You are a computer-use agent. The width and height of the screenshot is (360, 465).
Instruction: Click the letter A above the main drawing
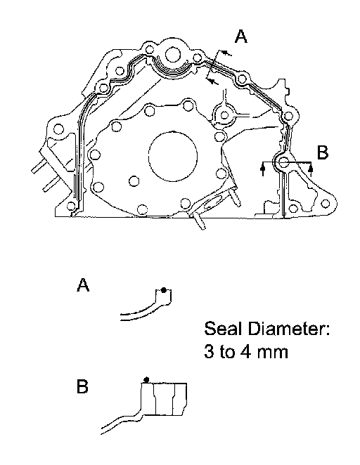(x=240, y=37)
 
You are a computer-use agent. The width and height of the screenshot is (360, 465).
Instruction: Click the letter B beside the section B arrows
(x=323, y=152)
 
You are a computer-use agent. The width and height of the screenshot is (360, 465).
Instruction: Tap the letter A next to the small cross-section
(x=83, y=284)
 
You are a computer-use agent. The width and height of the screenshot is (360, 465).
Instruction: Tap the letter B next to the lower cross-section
(x=82, y=386)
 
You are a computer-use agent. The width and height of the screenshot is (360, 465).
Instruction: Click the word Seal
(x=221, y=329)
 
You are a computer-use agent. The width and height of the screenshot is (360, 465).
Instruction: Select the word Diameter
(x=288, y=329)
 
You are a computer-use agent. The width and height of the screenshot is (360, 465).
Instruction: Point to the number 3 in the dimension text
(x=209, y=352)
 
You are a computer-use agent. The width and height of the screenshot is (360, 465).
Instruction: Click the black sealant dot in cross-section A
(x=163, y=290)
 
